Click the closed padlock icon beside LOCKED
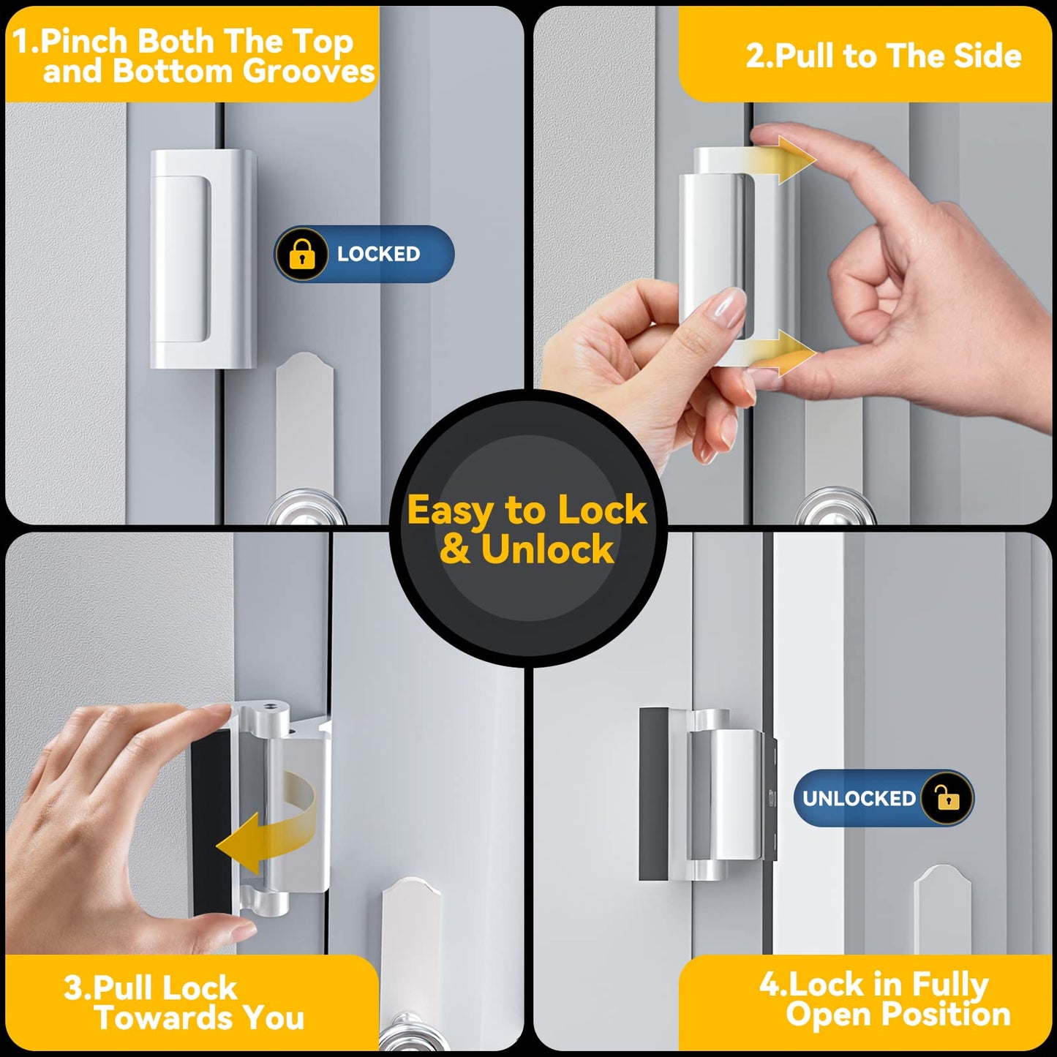[301, 254]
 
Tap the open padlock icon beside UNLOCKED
[947, 798]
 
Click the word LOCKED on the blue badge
[378, 254]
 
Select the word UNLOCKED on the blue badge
[859, 798]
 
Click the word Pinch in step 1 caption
[85, 41]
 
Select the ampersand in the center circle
[455, 549]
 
